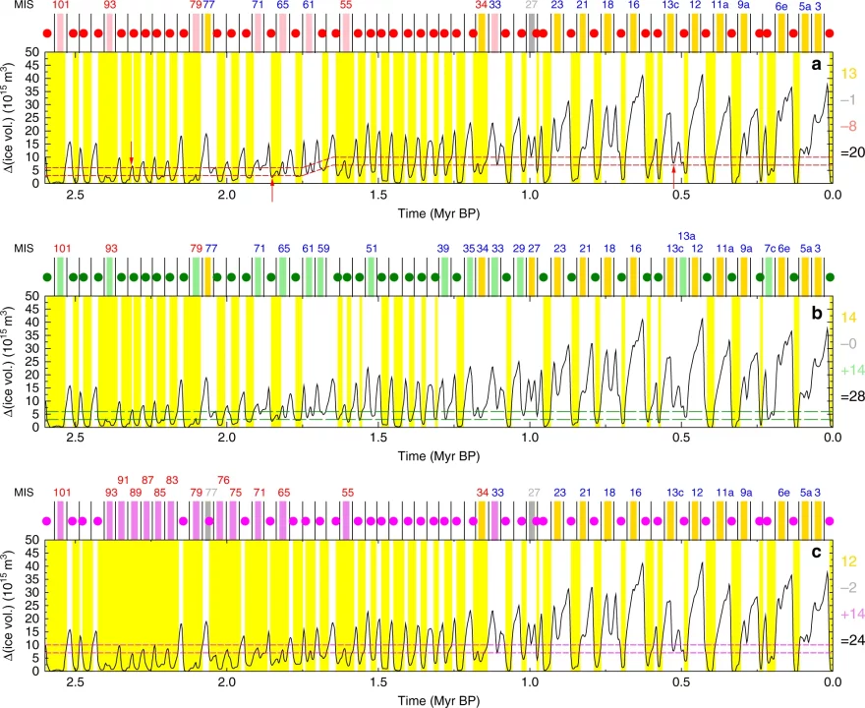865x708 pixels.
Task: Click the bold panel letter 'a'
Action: click(x=816, y=66)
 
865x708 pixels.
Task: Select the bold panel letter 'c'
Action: click(x=816, y=554)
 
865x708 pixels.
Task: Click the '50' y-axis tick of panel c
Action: click(x=33, y=540)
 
